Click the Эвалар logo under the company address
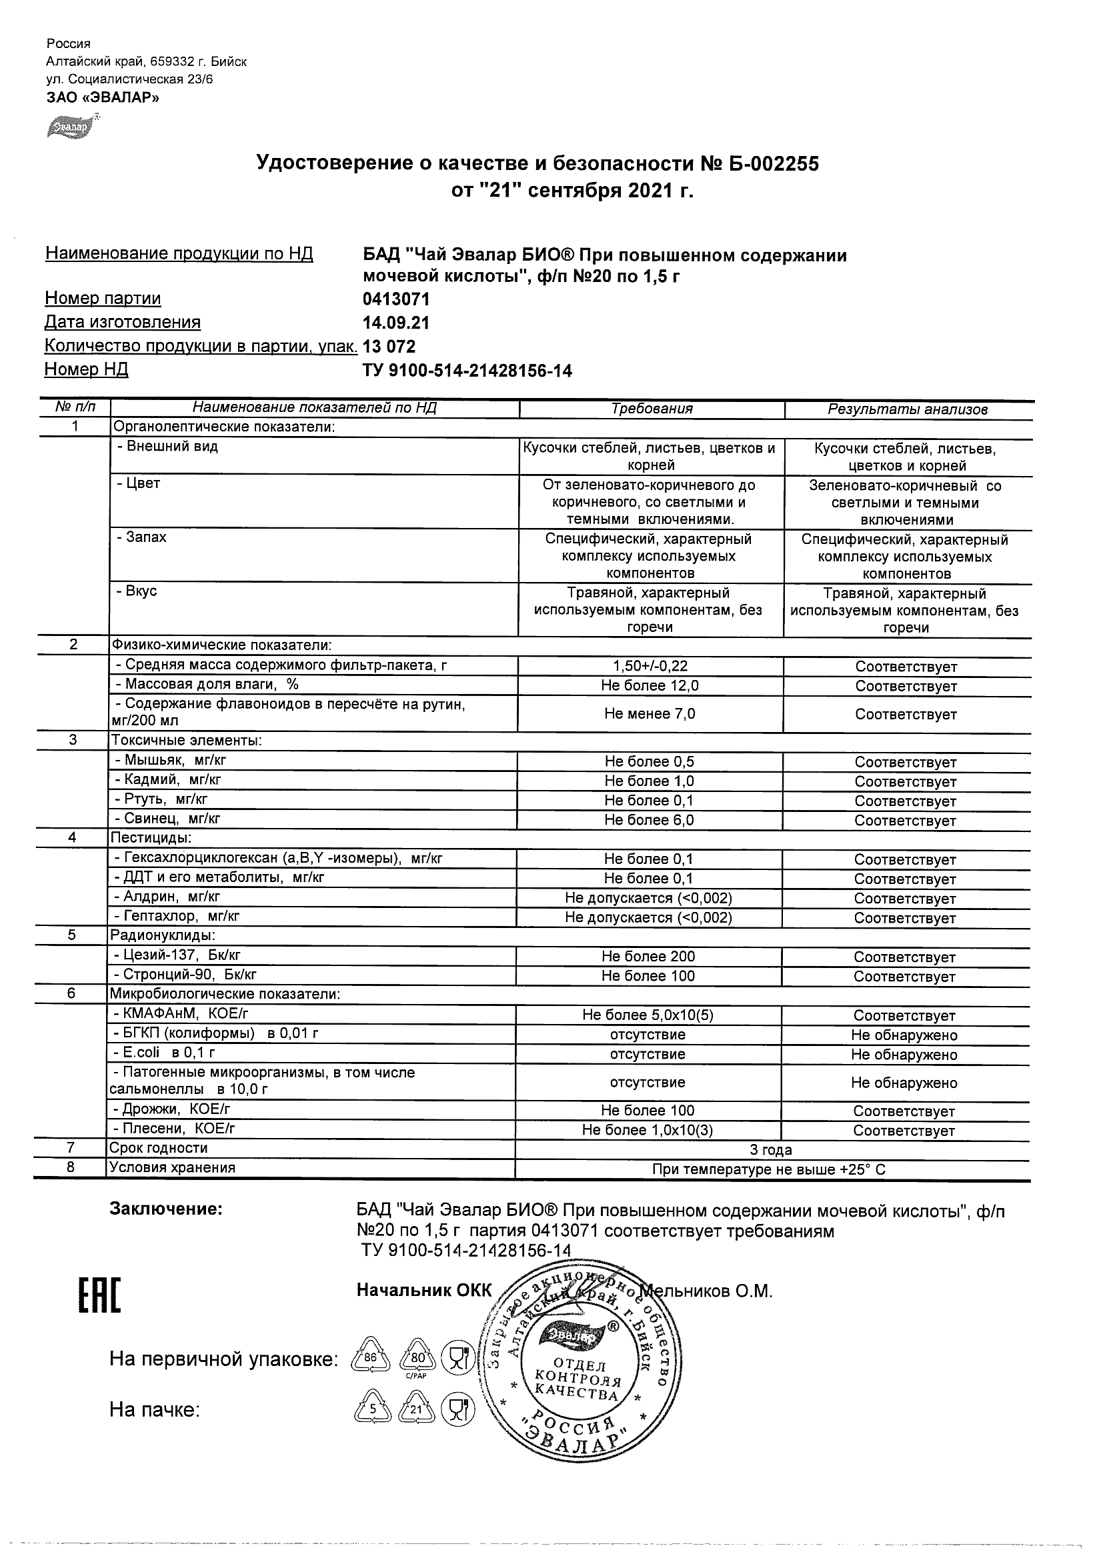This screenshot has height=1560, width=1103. pyautogui.click(x=71, y=127)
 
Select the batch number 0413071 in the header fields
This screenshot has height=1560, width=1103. pyautogui.click(x=396, y=299)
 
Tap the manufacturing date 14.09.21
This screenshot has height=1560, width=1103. pyautogui.click(x=396, y=323)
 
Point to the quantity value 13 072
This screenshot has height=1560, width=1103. pyautogui.click(x=389, y=347)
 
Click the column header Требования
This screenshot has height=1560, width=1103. pyautogui.click(x=652, y=409)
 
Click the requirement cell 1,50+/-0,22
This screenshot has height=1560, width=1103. pyautogui.click(x=650, y=667)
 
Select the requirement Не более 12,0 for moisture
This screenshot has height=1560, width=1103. pyautogui.click(x=650, y=685)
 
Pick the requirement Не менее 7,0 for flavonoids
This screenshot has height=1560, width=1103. pyautogui.click(x=650, y=713)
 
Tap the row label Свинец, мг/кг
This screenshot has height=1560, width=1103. pyautogui.click(x=168, y=819)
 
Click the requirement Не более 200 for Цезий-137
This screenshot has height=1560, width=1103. pyautogui.click(x=648, y=957)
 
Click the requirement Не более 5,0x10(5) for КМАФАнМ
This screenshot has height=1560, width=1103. pyautogui.click(x=648, y=1015)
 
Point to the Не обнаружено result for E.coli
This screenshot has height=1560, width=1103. pyautogui.click(x=904, y=1055)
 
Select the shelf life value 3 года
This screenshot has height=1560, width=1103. pyautogui.click(x=771, y=1149)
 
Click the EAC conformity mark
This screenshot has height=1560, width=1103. pyautogui.click(x=99, y=1296)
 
